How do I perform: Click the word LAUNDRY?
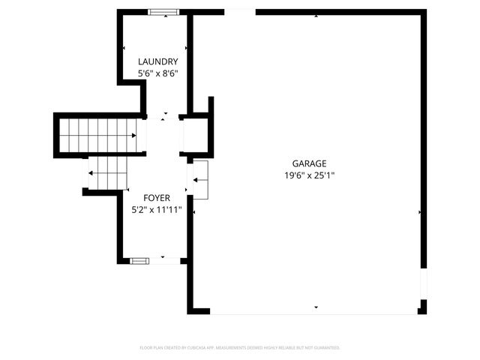157,61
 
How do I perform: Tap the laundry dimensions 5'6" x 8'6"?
157,73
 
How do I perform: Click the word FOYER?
157,198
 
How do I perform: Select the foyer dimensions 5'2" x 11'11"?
157,210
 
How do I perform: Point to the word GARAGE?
309,163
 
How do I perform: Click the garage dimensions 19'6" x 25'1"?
309,175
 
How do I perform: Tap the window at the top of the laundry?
163,12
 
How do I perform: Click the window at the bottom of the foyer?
139,261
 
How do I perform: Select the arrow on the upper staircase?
133,136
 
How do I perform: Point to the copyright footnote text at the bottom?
240,348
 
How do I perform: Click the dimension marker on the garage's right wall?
419,212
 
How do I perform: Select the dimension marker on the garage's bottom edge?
316,307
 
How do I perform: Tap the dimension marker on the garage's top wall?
316,16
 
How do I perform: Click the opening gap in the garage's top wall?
239,12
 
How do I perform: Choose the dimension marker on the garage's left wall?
195,212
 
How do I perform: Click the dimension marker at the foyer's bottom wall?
163,256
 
